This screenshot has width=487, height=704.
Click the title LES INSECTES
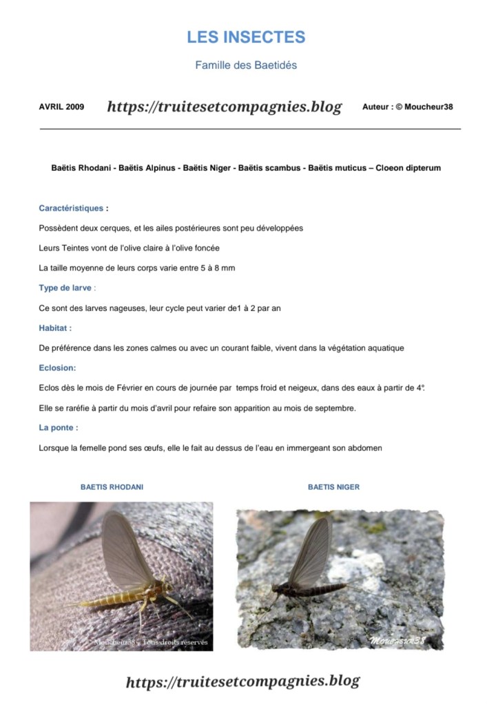(246, 37)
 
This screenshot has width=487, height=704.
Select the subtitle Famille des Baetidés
(246, 65)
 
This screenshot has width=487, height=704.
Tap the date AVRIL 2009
(61, 107)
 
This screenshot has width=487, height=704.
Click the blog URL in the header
(224, 107)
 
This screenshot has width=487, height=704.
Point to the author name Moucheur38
(428, 107)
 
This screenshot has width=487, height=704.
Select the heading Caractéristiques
(71, 208)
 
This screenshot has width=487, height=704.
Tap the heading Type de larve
(65, 288)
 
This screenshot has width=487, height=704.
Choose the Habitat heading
(54, 328)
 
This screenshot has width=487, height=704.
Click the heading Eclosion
(57, 368)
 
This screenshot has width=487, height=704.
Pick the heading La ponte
(58, 428)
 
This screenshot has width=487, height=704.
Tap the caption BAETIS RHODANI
(112, 487)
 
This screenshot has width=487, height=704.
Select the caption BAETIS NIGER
(333, 487)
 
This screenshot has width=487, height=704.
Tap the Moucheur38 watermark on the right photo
(398, 641)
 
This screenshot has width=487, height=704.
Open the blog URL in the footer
(242, 681)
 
